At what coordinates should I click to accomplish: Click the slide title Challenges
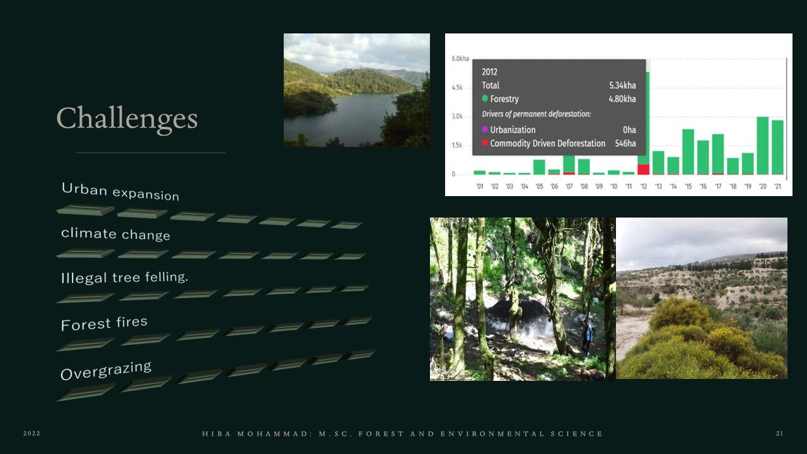(x=127, y=119)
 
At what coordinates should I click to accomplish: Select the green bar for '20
(x=763, y=146)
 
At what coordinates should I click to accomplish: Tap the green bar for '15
(x=688, y=152)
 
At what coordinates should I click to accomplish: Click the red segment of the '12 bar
(x=644, y=170)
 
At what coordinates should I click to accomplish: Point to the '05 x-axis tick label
(x=539, y=186)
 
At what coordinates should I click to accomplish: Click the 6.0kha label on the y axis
(x=460, y=59)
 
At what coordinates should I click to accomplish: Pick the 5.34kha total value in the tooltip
(x=622, y=85)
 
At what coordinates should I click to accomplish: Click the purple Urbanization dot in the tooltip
(x=485, y=129)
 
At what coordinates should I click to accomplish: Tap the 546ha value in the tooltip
(x=625, y=143)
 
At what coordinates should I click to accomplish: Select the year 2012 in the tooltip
(x=490, y=72)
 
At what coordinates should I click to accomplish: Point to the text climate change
(x=115, y=234)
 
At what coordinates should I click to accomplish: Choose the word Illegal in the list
(x=84, y=278)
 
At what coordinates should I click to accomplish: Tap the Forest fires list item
(x=104, y=323)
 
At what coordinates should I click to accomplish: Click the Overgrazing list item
(x=106, y=370)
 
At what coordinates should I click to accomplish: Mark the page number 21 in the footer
(x=780, y=433)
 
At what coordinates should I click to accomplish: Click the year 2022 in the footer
(x=32, y=433)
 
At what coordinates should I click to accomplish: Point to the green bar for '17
(x=718, y=154)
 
